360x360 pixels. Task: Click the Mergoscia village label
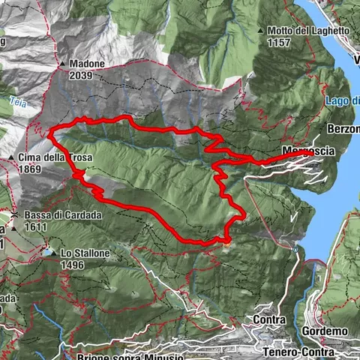(309, 151)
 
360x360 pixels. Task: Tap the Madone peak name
(87, 64)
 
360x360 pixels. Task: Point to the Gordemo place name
(325, 331)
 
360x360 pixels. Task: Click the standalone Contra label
(270, 320)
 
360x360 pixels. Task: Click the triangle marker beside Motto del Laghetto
(261, 31)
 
